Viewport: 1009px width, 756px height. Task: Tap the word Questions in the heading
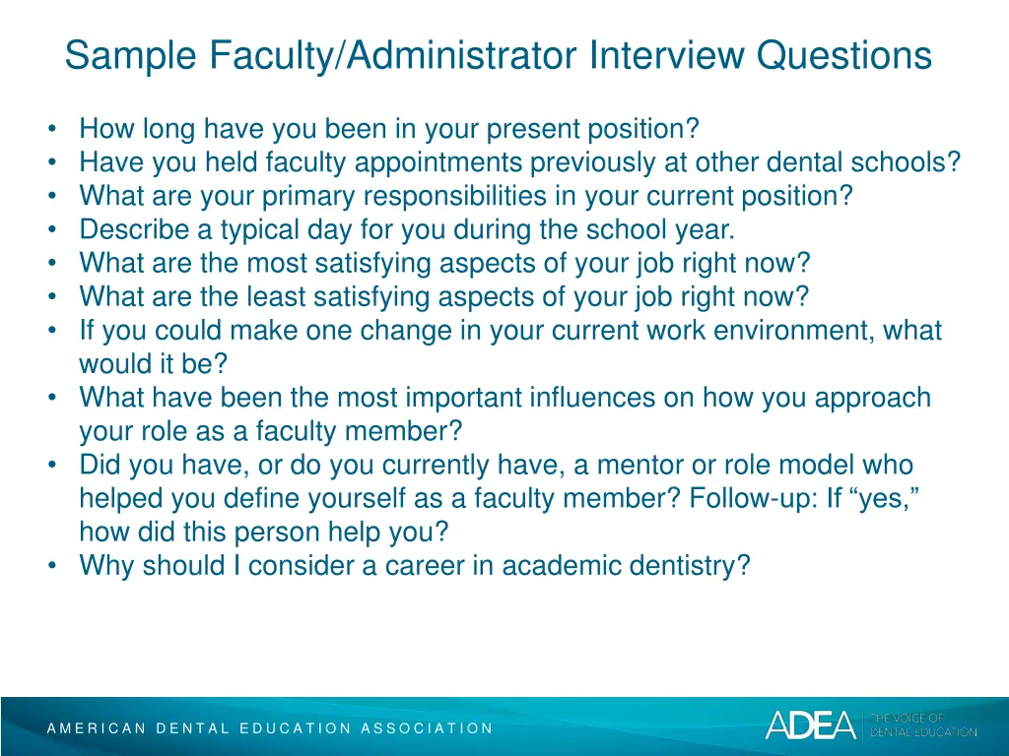tap(844, 55)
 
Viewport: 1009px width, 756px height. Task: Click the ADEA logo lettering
tap(811, 725)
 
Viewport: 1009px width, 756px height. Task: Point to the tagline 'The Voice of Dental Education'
tap(922, 725)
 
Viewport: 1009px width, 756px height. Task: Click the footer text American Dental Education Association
tap(270, 728)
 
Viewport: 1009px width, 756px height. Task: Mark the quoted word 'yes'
tap(886, 500)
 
